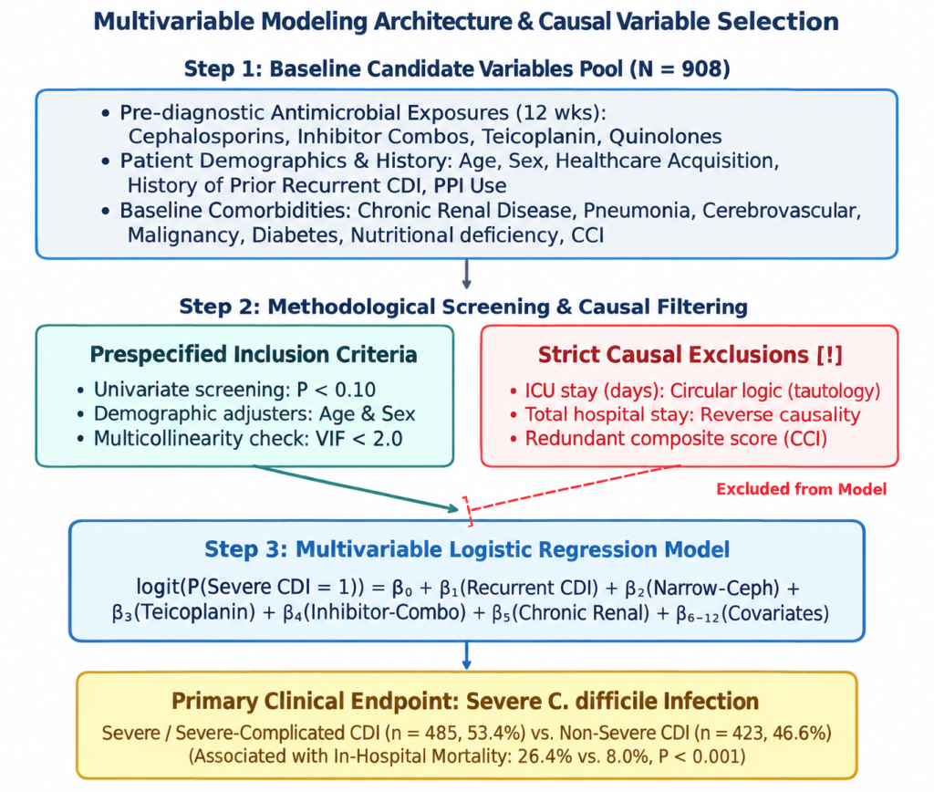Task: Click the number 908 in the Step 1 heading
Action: click(x=700, y=68)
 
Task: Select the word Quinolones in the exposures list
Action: click(x=665, y=137)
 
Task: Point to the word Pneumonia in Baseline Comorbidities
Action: click(x=637, y=211)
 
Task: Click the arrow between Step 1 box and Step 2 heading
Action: click(x=466, y=274)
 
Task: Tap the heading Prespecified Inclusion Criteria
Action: click(x=254, y=354)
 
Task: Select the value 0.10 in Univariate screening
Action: click(x=355, y=390)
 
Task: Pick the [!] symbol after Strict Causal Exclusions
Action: click(x=830, y=355)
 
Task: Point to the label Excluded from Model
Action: click(x=801, y=489)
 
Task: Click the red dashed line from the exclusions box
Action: click(x=574, y=488)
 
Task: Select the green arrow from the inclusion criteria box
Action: click(x=357, y=488)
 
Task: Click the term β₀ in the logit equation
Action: click(x=402, y=589)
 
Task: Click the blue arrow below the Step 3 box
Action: click(x=466, y=655)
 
